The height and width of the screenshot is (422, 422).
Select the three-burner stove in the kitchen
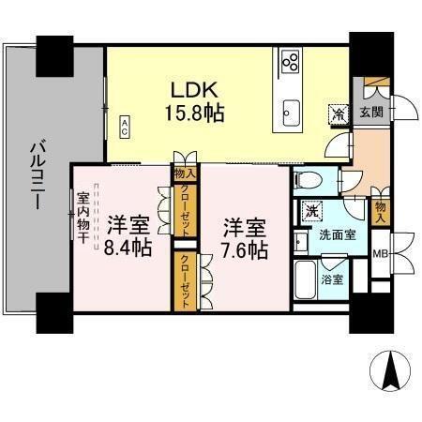pyautogui.click(x=291, y=63)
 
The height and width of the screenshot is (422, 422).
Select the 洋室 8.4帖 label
pyautogui.click(x=128, y=236)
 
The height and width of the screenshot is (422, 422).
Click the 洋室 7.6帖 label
pyautogui.click(x=244, y=239)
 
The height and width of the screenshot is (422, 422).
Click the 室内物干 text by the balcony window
pyautogui.click(x=83, y=219)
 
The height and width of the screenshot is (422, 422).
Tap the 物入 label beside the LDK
pyautogui.click(x=184, y=173)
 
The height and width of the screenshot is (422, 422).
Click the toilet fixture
pyautogui.click(x=305, y=180)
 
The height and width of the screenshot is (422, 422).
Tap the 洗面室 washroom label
pyautogui.click(x=336, y=234)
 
